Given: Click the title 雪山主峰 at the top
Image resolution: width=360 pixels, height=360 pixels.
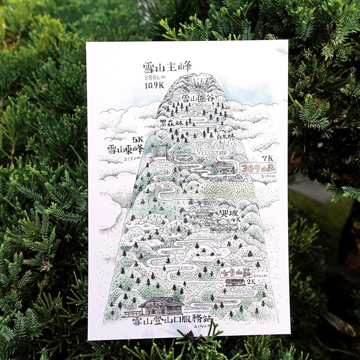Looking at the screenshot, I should click(x=167, y=67).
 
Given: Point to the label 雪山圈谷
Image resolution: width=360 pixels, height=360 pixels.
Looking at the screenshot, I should click(x=196, y=98).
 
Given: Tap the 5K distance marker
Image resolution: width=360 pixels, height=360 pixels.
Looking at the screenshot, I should click(x=137, y=139).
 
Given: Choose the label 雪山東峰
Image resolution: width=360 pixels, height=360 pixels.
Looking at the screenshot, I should click(x=125, y=149).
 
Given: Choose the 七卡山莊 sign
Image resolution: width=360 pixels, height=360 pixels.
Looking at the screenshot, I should click(x=234, y=272).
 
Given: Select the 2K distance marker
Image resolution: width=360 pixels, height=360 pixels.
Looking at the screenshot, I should click(x=251, y=281).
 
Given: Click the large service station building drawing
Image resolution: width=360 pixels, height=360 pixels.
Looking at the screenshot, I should click(x=161, y=306).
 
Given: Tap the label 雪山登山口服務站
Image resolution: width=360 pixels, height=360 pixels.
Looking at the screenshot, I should click(x=172, y=320).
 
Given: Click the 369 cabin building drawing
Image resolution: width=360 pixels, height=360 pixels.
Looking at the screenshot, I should click(x=224, y=169).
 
